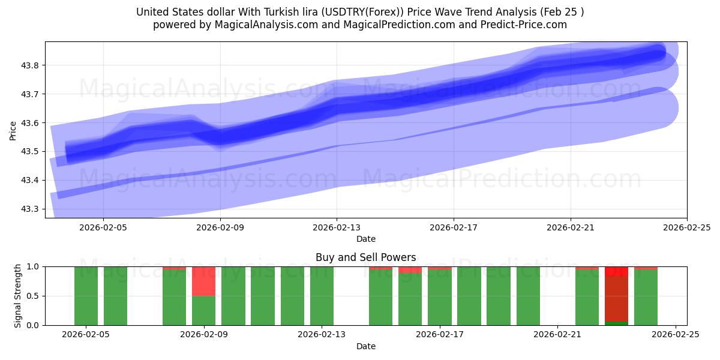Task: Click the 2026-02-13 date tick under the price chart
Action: [x=337, y=227]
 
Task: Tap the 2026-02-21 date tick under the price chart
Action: [x=570, y=227]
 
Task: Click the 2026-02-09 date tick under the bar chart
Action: [x=205, y=335]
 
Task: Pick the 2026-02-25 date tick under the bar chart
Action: [x=676, y=335]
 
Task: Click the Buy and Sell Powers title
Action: [x=365, y=257]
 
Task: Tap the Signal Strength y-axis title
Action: [x=18, y=296]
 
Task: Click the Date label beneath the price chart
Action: [x=365, y=239]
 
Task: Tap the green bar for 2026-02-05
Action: [x=86, y=296]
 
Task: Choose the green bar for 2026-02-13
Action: [x=322, y=296]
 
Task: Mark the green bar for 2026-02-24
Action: [x=646, y=297]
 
